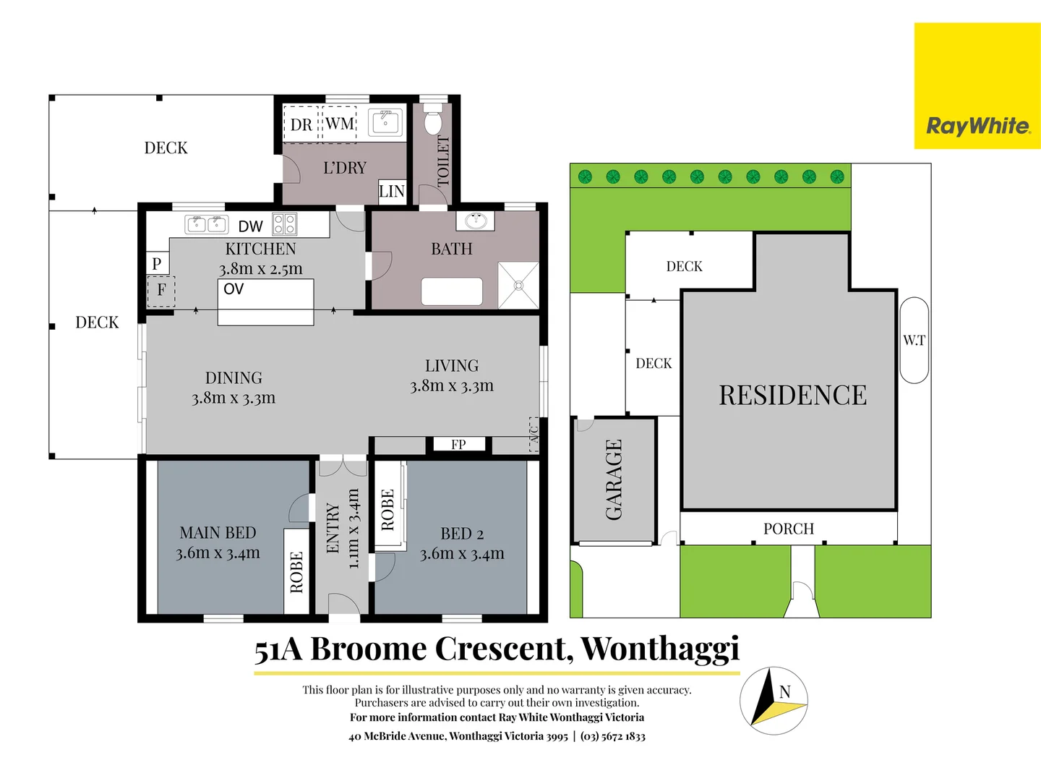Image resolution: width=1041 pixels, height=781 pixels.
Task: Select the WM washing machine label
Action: pyautogui.click(x=340, y=124)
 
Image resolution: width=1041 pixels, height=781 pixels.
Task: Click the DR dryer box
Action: pyautogui.click(x=301, y=125)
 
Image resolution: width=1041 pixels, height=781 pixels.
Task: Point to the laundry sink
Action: pyautogui.click(x=385, y=122)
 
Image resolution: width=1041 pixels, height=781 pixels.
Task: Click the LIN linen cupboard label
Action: pyautogui.click(x=392, y=192)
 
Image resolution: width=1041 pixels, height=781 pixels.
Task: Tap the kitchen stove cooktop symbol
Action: pyautogui.click(x=284, y=224)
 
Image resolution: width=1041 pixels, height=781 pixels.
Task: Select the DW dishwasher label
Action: pyautogui.click(x=250, y=227)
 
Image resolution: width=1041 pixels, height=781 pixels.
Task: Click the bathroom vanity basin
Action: pyautogui.click(x=475, y=221)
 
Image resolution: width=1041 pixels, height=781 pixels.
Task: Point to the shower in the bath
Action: pyautogui.click(x=518, y=285)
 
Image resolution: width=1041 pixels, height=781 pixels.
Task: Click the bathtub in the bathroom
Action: pyautogui.click(x=452, y=291)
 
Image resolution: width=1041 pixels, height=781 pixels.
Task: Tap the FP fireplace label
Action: pyautogui.click(x=458, y=445)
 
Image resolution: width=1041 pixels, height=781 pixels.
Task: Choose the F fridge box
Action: pyautogui.click(x=161, y=291)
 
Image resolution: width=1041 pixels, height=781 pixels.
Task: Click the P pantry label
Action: pyautogui.click(x=157, y=264)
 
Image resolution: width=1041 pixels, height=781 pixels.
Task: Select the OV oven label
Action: pyautogui.click(x=234, y=289)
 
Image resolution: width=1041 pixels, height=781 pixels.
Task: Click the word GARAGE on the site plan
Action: pyautogui.click(x=614, y=480)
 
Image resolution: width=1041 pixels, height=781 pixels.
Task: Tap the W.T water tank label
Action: pyautogui.click(x=914, y=340)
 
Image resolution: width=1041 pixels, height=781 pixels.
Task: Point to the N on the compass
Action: pyautogui.click(x=785, y=692)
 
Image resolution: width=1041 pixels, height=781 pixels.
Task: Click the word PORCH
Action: pyautogui.click(x=789, y=529)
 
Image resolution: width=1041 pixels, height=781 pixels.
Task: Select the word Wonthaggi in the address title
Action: pyautogui.click(x=660, y=649)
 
